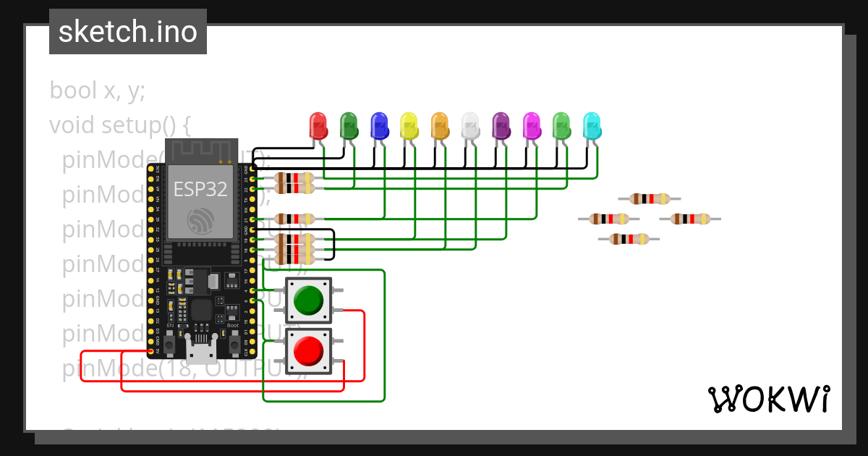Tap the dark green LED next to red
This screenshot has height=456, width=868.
tap(349, 126)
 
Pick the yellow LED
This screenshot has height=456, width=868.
tap(409, 126)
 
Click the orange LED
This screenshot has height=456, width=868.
tap(440, 126)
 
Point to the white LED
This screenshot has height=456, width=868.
tap(470, 126)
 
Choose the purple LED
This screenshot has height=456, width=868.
tap(501, 126)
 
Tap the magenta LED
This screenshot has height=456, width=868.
tap(531, 126)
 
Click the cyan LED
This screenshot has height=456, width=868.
tap(592, 126)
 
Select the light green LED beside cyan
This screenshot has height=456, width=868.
tap(561, 126)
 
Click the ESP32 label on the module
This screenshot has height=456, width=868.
tap(200, 190)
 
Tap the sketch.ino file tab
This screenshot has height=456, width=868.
tap(128, 32)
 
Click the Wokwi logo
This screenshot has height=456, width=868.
tap(768, 399)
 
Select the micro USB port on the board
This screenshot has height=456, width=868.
tap(201, 352)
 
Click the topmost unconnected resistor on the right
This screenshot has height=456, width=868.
tap(650, 198)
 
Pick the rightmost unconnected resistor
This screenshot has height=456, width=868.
tap(690, 219)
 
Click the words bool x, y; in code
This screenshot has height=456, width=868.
tap(98, 90)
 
